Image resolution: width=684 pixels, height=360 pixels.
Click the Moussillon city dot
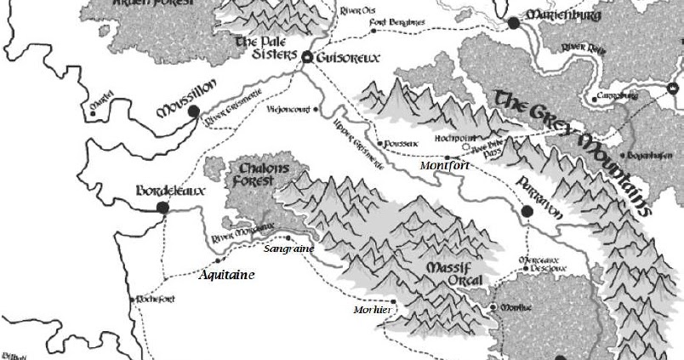194,111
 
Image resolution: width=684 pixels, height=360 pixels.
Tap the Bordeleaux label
171,191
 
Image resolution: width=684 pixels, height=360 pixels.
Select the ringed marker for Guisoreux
308,57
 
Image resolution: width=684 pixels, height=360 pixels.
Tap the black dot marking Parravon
527,211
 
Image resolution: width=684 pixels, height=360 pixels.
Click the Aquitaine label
226,275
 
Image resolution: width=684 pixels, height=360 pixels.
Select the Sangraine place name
289,249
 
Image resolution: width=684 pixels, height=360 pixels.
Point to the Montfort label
445,167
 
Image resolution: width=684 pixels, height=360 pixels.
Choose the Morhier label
371,310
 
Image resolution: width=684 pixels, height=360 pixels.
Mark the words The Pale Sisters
265,48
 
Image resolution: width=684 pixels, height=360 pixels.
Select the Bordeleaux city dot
162,207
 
